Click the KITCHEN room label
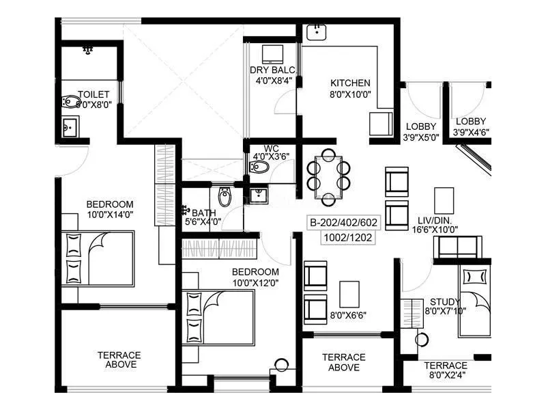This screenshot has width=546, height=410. point(350,83)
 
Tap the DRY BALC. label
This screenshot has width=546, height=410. point(273,70)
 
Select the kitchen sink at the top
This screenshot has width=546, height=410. point(317,32)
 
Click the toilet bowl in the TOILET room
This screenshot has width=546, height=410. point(71,102)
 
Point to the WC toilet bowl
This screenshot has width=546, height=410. point(259,167)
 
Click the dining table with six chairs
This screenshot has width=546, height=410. point(328,178)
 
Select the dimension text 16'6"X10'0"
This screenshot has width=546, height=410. point(435,230)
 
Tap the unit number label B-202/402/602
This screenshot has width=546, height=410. point(344,223)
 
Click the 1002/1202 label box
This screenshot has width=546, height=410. point(348,238)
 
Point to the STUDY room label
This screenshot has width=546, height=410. point(445,302)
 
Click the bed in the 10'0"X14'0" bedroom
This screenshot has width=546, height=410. point(98,258)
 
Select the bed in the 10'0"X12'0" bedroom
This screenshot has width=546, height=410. point(218,318)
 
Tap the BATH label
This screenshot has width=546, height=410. point(203,213)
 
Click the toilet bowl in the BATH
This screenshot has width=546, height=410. point(225,197)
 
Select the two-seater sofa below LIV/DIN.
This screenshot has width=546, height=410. point(457,247)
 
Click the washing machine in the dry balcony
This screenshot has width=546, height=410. point(272,55)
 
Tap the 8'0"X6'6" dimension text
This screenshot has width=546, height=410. point(348,316)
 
